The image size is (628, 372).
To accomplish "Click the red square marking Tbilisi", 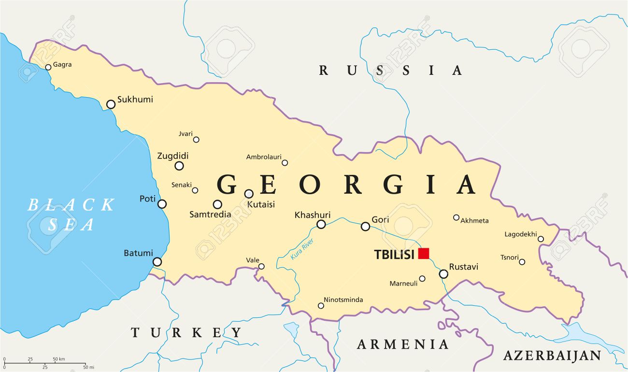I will pyautogui.click(x=424, y=253).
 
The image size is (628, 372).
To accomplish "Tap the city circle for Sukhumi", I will pyautogui.click(x=111, y=104).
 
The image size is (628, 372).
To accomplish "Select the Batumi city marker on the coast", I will pyautogui.click(x=157, y=262).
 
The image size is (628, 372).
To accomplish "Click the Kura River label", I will pyautogui.click(x=302, y=249).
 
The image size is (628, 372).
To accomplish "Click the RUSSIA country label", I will pyautogui.click(x=390, y=71).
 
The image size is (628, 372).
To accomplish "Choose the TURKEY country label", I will pyautogui.click(x=186, y=332).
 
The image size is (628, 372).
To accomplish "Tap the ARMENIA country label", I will pyautogui.click(x=403, y=344).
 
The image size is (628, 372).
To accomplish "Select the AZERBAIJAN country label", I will pyautogui.click(x=552, y=356).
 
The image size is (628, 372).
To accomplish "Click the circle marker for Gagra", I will pyautogui.click(x=48, y=67).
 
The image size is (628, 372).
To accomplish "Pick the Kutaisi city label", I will pyautogui.click(x=261, y=204).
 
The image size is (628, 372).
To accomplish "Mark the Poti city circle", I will pyautogui.click(x=162, y=204).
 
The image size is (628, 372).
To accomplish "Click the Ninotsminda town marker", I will pyautogui.click(x=321, y=305).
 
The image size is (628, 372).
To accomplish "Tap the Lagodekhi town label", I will pyautogui.click(x=520, y=234).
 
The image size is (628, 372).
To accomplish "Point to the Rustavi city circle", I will pyautogui.click(x=443, y=274).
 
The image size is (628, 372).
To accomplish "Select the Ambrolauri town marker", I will pyautogui.click(x=285, y=163).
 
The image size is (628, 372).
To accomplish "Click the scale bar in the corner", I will pyautogui.click(x=44, y=363).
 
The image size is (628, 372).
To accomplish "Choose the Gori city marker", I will pyautogui.click(x=365, y=226).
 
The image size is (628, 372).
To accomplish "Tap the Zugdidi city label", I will pyautogui.click(x=173, y=156).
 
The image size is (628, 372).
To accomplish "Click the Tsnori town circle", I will pyautogui.click(x=522, y=262).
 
